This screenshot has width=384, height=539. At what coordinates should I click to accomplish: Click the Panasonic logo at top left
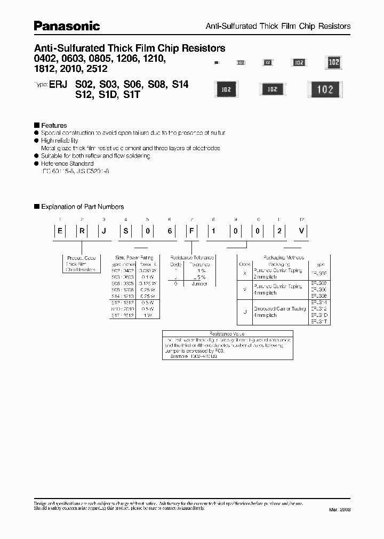click(x=67, y=25)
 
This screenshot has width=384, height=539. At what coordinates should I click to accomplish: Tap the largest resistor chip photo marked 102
click(x=325, y=89)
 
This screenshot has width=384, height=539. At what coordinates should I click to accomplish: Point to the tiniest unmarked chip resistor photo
click(x=216, y=63)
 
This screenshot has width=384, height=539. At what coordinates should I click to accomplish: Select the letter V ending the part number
click(x=301, y=231)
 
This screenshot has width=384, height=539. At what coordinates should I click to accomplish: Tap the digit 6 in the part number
click(x=170, y=231)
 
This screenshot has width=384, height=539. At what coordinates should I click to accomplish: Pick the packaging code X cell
click(x=244, y=271)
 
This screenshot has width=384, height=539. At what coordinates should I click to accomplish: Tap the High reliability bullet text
click(x=59, y=141)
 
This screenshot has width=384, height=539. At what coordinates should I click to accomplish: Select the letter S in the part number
click(x=126, y=231)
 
